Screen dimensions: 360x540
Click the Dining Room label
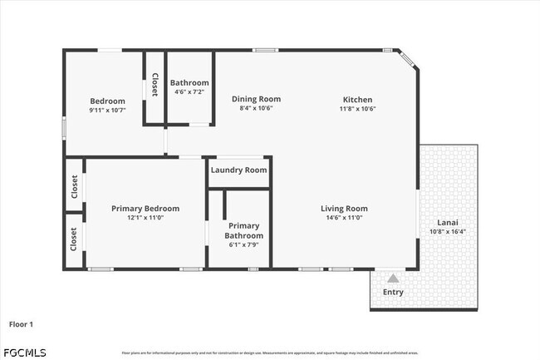point(256,99)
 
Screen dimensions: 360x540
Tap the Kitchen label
point(357,99)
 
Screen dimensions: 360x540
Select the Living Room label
point(345,209)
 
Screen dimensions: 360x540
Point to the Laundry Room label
point(239,170)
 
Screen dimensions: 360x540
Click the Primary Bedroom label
point(145,209)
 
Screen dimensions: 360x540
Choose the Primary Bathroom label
point(244,230)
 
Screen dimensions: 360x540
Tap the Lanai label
point(448,223)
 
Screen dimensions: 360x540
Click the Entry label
point(392,292)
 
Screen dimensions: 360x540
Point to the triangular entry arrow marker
point(392,279)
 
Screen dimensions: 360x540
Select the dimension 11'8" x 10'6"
point(357,109)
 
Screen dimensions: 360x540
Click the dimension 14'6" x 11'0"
point(345,218)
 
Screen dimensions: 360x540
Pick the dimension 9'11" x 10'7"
point(107,111)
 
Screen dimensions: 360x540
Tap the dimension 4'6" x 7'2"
point(189,91)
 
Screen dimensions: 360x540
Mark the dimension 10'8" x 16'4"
point(448,232)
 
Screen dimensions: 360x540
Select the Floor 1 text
point(22,323)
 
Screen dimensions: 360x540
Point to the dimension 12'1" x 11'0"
point(145,218)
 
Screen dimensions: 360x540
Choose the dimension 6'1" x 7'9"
point(244,244)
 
